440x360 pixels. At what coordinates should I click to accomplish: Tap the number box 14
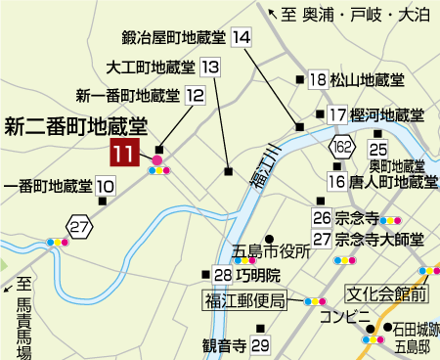[242, 37]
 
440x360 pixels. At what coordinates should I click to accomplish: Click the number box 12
[195, 96]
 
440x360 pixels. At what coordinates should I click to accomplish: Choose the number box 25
[378, 148]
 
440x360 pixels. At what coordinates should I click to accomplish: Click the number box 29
[259, 345]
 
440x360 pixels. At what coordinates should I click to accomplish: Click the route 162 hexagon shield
[341, 147]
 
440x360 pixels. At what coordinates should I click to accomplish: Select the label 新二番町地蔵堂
[75, 124]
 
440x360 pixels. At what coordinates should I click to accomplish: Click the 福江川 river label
[262, 172]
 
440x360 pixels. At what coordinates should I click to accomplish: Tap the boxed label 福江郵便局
[244, 300]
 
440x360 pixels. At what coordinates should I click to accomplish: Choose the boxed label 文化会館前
[387, 292]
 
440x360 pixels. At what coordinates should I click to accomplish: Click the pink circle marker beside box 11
[156, 159]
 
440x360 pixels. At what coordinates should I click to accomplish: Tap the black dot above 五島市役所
[268, 237]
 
